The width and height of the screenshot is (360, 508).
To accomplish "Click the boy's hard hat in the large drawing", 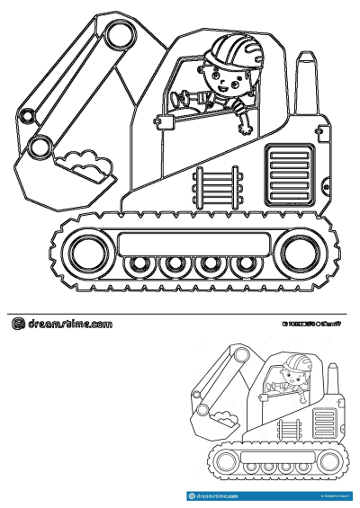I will click(x=221, y=49).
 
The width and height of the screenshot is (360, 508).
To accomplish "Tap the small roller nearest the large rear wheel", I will click(x=243, y=265).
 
